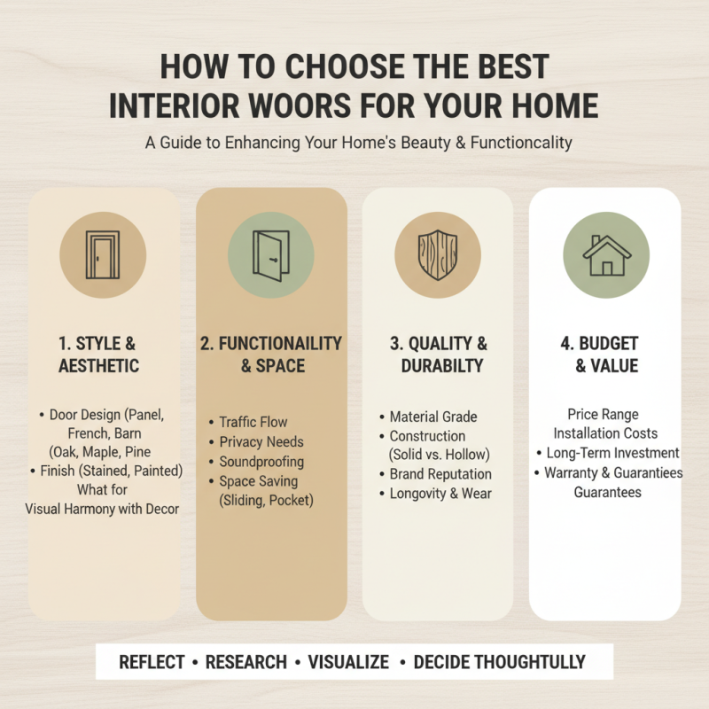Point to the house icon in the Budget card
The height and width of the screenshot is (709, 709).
click(x=605, y=255)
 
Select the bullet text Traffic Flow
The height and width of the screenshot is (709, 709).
click(x=253, y=422)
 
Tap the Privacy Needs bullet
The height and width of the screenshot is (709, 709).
click(x=261, y=441)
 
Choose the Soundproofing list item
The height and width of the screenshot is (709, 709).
click(x=261, y=462)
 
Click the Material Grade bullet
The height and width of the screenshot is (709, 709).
click(x=433, y=417)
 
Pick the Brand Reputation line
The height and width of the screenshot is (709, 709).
click(x=440, y=474)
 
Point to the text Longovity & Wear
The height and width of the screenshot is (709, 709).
click(x=440, y=494)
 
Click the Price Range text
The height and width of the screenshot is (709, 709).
click(x=603, y=414)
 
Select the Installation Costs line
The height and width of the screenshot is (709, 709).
click(x=605, y=433)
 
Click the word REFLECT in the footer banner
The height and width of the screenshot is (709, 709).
click(x=152, y=662)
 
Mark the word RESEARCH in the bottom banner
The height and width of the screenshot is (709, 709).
click(x=245, y=662)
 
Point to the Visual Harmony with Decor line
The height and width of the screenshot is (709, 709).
click(x=102, y=509)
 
